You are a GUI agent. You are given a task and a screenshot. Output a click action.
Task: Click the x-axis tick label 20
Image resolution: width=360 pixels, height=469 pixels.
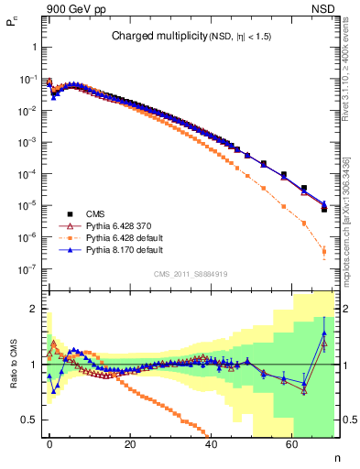tap(130, 444)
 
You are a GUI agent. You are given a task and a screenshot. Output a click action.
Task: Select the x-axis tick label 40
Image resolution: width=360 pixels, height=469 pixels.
tap(211, 444)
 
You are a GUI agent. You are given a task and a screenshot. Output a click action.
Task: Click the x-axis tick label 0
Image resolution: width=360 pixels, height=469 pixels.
tap(49, 444)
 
